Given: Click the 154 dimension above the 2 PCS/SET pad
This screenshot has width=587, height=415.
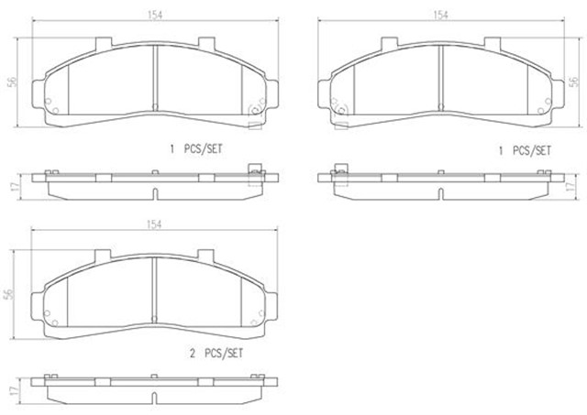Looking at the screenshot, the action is coord(154,224).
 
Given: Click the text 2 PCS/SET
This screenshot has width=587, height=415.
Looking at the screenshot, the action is coord(216,353).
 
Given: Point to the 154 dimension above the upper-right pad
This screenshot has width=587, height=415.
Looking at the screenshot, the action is coord(440,15).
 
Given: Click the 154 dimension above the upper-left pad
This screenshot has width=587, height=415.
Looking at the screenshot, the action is coord(155,15).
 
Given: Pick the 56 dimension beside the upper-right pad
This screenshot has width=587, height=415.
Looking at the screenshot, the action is coord(573,82).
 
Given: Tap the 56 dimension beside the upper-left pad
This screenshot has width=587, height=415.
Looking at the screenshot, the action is coord(12,82).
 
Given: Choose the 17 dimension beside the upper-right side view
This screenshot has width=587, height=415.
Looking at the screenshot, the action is coord(570,187).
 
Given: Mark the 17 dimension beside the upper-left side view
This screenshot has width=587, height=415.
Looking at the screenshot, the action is coord(15,187).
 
